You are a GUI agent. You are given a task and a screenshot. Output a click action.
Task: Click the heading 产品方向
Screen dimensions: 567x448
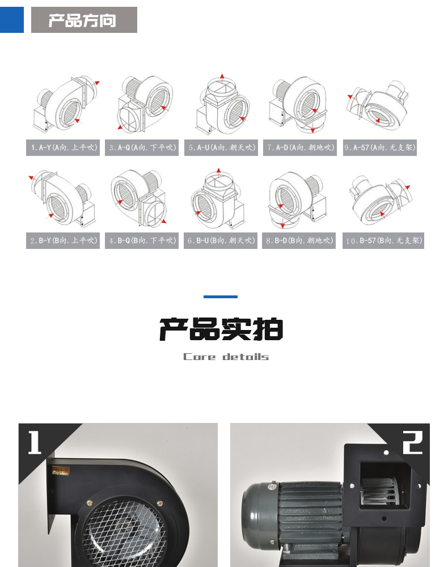[x=83, y=20]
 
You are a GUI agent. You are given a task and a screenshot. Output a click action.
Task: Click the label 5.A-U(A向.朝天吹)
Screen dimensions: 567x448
[x=222, y=147]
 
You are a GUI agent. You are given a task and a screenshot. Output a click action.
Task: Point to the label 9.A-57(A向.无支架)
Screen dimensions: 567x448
[x=380, y=147]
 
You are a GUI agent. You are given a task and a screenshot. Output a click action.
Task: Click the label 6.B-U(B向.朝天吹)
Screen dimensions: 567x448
[x=222, y=241]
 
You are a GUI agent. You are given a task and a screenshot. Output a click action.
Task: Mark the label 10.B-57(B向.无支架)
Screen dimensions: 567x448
[x=383, y=241]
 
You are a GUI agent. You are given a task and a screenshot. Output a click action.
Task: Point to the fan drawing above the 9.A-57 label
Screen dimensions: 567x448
[x=378, y=105]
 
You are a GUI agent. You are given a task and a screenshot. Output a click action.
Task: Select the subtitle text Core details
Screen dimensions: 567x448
[x=226, y=357]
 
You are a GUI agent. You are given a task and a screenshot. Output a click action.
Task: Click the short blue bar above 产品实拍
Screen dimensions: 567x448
[x=221, y=297]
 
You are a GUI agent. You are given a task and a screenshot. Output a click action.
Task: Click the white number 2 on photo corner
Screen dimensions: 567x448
[x=412, y=442]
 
